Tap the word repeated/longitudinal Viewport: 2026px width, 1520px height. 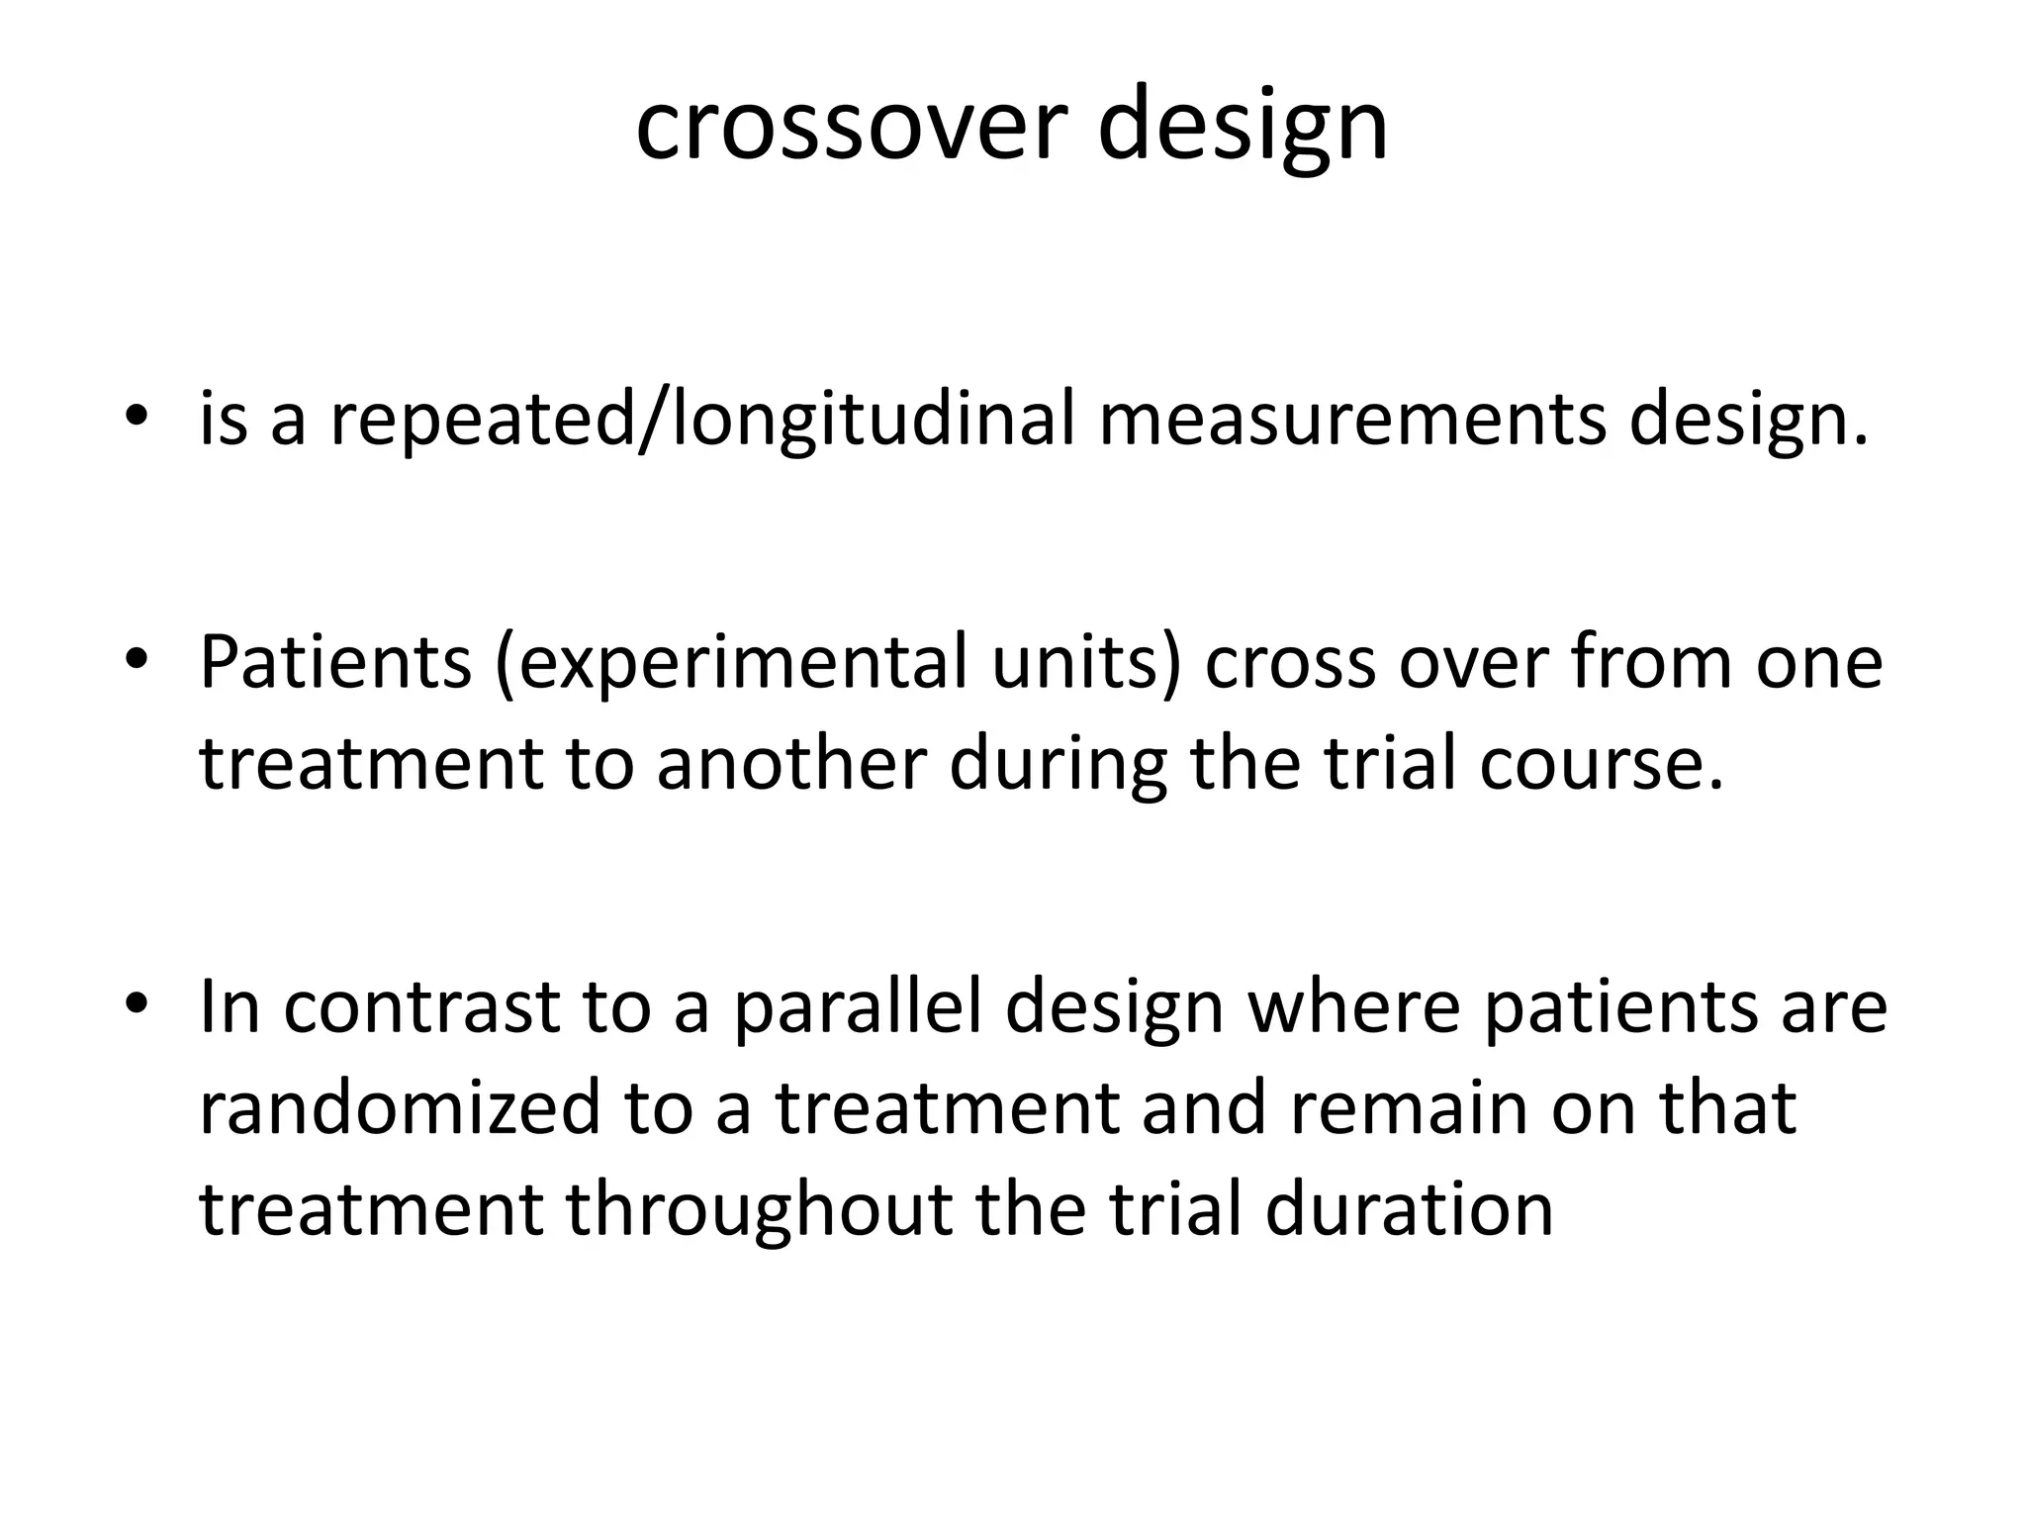(x=701, y=420)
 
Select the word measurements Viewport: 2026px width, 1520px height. (x=1351, y=420)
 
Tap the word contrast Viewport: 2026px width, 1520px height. (x=421, y=1007)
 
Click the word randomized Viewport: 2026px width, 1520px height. (x=400, y=1108)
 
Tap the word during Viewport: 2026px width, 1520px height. (x=1059, y=764)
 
